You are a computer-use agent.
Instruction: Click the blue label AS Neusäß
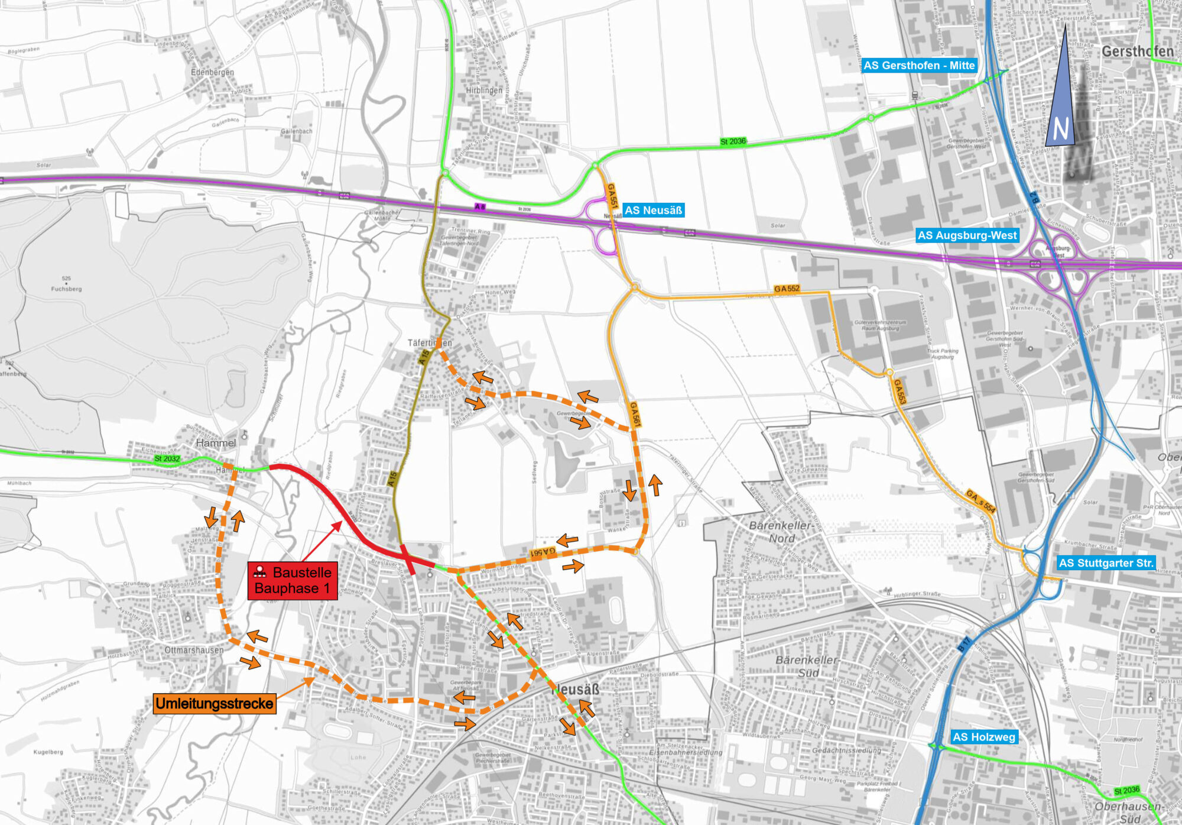pyautogui.click(x=653, y=210)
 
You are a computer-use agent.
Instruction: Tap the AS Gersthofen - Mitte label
pyautogui.click(x=919, y=66)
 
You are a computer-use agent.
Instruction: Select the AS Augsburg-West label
pyautogui.click(x=967, y=235)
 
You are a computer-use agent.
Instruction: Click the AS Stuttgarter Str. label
pyautogui.click(x=1106, y=563)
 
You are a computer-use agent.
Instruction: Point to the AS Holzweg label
pyautogui.click(x=983, y=737)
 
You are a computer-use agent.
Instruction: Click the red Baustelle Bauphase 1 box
pyautogui.click(x=293, y=580)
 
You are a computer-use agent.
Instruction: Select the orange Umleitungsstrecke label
pyautogui.click(x=215, y=703)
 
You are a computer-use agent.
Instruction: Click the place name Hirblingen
pyautogui.click(x=484, y=90)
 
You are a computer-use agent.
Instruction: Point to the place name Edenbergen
pyautogui.click(x=212, y=72)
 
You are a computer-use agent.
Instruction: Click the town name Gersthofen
pyautogui.click(x=1137, y=51)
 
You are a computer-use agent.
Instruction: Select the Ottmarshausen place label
pyautogui.click(x=194, y=650)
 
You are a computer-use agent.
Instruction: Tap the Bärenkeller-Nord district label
pyautogui.click(x=781, y=532)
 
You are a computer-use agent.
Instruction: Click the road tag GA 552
pyautogui.click(x=787, y=289)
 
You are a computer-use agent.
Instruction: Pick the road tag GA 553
pyautogui.click(x=899, y=392)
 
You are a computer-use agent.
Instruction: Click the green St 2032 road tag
pyautogui.click(x=167, y=458)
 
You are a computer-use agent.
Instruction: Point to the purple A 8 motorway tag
pyautogui.click(x=480, y=207)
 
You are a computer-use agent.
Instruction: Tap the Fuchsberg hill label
pyautogui.click(x=66, y=289)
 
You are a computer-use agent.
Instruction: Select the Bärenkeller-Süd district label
pyautogui.click(x=807, y=666)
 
